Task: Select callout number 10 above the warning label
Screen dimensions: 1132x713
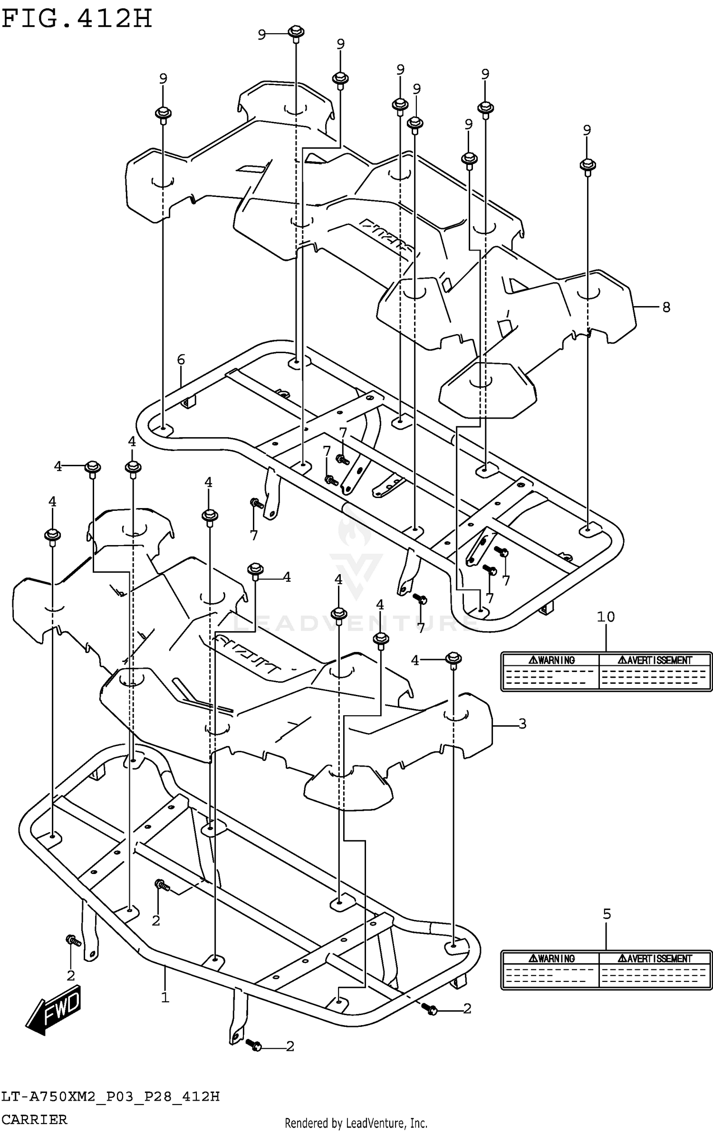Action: [x=606, y=617]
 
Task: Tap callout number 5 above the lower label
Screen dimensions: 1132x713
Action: [x=607, y=914]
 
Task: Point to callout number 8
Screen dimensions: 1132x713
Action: [x=666, y=307]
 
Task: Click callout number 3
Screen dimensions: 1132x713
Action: [x=522, y=724]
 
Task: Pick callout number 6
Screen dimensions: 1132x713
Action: [x=181, y=360]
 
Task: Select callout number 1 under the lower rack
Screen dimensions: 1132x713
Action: [x=165, y=998]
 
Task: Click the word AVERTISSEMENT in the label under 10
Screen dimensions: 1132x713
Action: [x=655, y=660]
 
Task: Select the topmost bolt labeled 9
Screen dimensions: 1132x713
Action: [x=296, y=33]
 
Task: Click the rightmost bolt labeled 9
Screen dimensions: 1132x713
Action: [x=588, y=165]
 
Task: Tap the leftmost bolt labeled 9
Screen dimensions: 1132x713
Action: [x=163, y=114]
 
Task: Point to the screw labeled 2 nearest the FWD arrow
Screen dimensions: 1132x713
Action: [x=72, y=940]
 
